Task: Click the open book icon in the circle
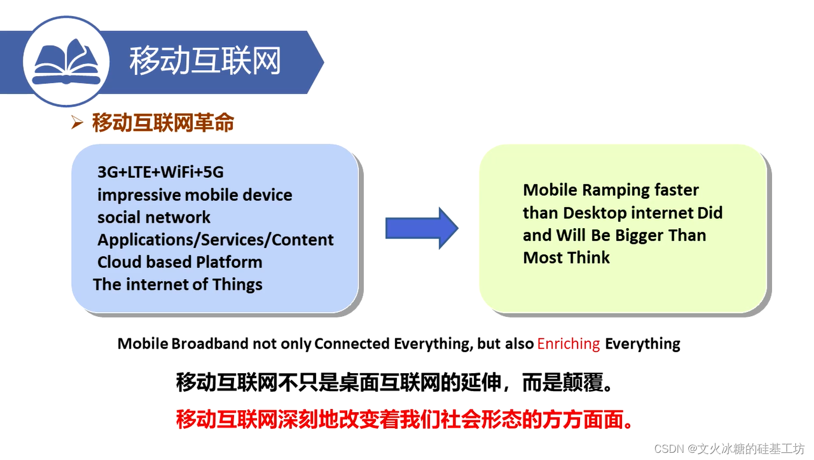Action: (x=66, y=62)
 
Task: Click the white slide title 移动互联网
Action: (x=205, y=60)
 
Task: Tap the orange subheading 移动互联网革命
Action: (x=163, y=123)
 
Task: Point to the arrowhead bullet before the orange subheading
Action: (x=77, y=122)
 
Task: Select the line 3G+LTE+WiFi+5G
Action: (x=160, y=172)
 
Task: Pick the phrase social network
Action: (x=154, y=217)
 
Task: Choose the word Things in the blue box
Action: (x=237, y=285)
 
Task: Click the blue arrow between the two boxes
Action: (x=422, y=228)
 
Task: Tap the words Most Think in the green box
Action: (x=566, y=258)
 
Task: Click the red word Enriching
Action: (x=569, y=344)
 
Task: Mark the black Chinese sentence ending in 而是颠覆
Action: (x=394, y=383)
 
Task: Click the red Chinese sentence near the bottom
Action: (x=405, y=419)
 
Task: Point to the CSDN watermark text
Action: (x=730, y=449)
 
